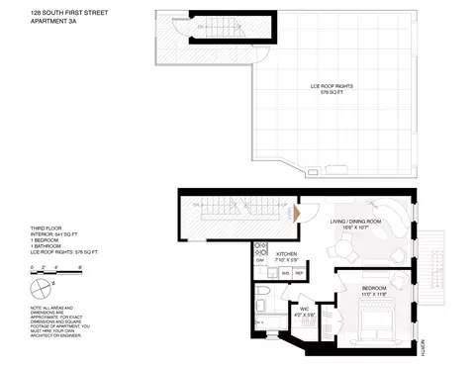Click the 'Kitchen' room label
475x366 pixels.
click(x=287, y=254)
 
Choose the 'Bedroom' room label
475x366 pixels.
click(x=350, y=288)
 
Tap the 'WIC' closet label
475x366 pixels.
click(x=304, y=310)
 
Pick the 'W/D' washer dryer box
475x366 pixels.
click(x=285, y=272)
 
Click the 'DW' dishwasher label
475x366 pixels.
click(x=259, y=259)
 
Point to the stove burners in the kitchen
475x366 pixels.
click(x=258, y=245)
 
